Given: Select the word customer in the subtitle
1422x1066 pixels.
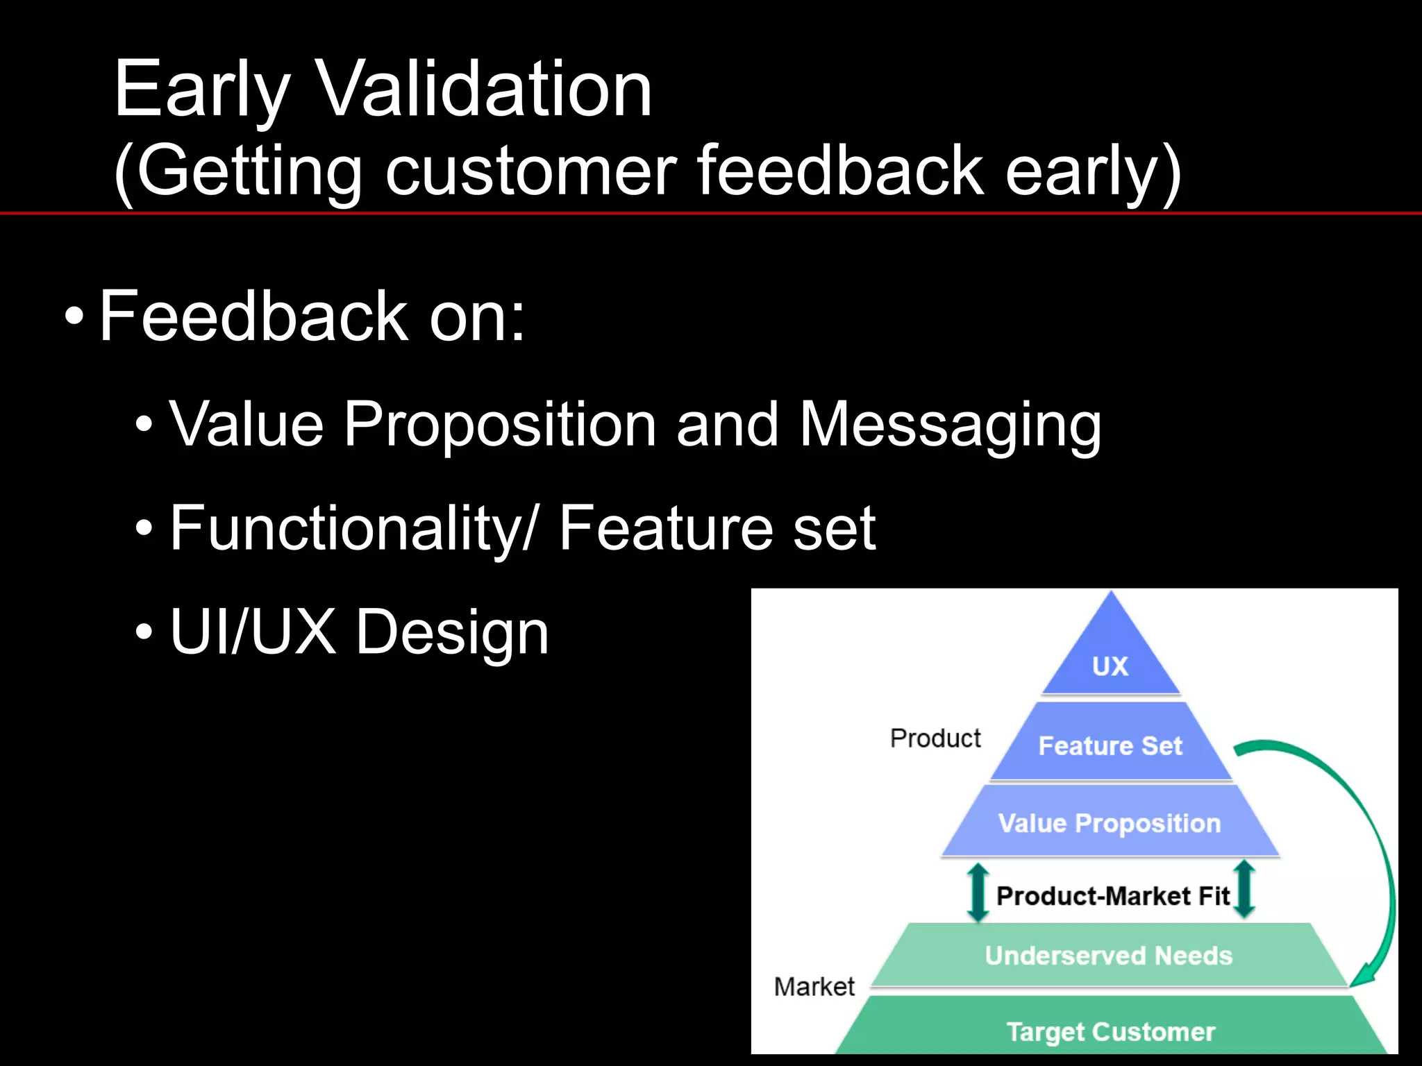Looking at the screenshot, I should click(x=531, y=171).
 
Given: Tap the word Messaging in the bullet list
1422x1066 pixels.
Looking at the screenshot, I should click(x=950, y=425).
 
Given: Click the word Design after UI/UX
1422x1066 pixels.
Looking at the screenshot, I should click(x=452, y=632).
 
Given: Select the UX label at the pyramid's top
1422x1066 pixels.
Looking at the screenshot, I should click(x=1110, y=666).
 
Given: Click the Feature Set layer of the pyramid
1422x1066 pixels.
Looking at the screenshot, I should click(x=1110, y=746).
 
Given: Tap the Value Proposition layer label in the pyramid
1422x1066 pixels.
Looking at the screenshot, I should click(x=1109, y=823).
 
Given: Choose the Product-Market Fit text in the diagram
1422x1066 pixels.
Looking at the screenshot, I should click(x=1112, y=896).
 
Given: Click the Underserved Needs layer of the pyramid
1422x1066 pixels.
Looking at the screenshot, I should click(x=1108, y=956).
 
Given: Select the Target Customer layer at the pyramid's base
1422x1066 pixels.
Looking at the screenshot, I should click(x=1110, y=1031).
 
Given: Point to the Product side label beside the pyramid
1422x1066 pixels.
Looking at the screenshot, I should click(x=935, y=738).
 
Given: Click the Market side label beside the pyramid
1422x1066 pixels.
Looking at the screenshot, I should click(x=814, y=986).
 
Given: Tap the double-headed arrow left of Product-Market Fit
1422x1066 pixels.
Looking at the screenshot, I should click(x=978, y=892).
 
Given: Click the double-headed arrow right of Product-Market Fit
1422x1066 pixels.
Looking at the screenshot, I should click(x=1245, y=889).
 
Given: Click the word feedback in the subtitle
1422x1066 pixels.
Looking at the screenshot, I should click(x=839, y=171).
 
